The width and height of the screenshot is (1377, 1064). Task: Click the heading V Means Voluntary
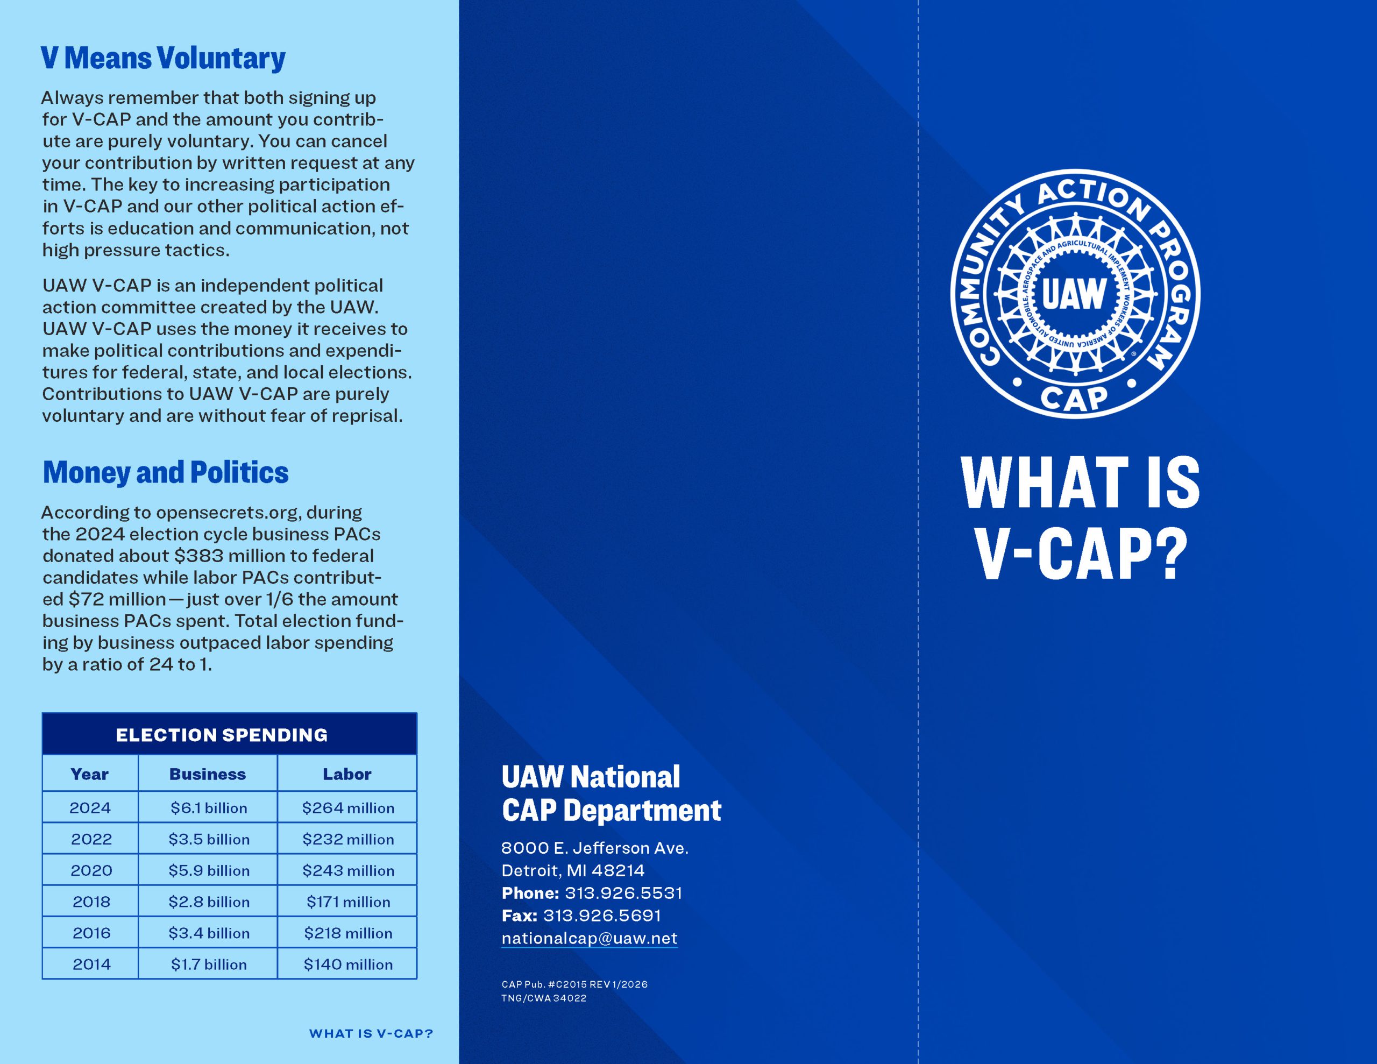pos(162,58)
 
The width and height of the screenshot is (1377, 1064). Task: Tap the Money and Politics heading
pos(165,472)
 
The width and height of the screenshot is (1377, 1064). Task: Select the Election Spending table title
pos(221,735)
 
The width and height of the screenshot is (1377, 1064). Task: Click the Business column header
pos(208,775)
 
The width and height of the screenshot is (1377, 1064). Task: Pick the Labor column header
pos(347,775)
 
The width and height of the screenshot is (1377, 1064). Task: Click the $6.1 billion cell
pos(209,808)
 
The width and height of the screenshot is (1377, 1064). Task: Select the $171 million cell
pos(348,902)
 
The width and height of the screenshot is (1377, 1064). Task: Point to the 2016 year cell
pos(91,933)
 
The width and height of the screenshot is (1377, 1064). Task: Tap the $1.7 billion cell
pos(209,964)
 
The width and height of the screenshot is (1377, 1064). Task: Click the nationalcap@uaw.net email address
pos(589,938)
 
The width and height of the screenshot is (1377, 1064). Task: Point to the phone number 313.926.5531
pos(623,893)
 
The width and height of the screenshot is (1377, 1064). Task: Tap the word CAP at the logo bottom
pos(1074,398)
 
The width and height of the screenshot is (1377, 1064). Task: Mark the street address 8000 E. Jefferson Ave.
pos(594,848)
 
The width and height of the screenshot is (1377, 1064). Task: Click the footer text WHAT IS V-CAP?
pos(371,1034)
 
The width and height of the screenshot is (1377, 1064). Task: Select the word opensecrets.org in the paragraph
pos(227,512)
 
